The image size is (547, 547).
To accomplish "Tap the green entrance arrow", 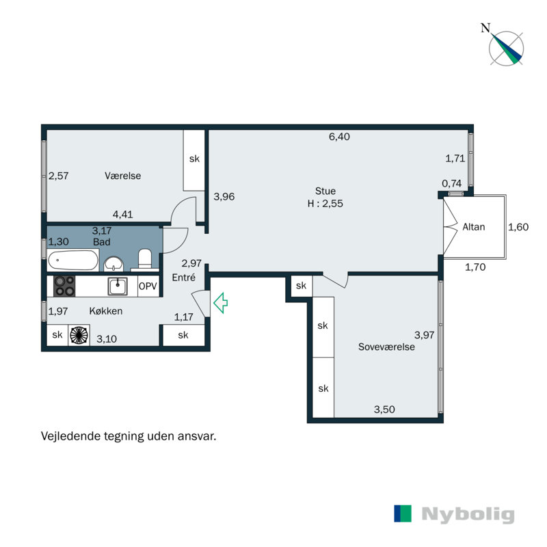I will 220,303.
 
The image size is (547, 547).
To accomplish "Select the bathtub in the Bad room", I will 72,261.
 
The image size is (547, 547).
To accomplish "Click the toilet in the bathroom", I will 145,260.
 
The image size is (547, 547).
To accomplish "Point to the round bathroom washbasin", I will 113,264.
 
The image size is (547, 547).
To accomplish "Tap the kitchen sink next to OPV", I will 118,286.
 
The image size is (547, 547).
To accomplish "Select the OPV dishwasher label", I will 148,286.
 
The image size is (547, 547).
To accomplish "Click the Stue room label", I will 325,191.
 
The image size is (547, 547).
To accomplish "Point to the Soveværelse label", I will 386,347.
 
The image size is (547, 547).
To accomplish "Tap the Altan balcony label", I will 473,226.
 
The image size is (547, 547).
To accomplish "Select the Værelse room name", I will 123,176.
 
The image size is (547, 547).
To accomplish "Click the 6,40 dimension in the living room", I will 339,137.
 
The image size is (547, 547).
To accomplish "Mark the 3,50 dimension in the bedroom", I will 384,410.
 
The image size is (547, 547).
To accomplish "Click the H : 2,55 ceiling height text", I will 325,204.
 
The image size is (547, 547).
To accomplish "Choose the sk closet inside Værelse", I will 194,159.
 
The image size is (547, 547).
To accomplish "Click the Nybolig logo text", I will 468,514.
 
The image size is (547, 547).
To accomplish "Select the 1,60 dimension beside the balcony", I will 519,227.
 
